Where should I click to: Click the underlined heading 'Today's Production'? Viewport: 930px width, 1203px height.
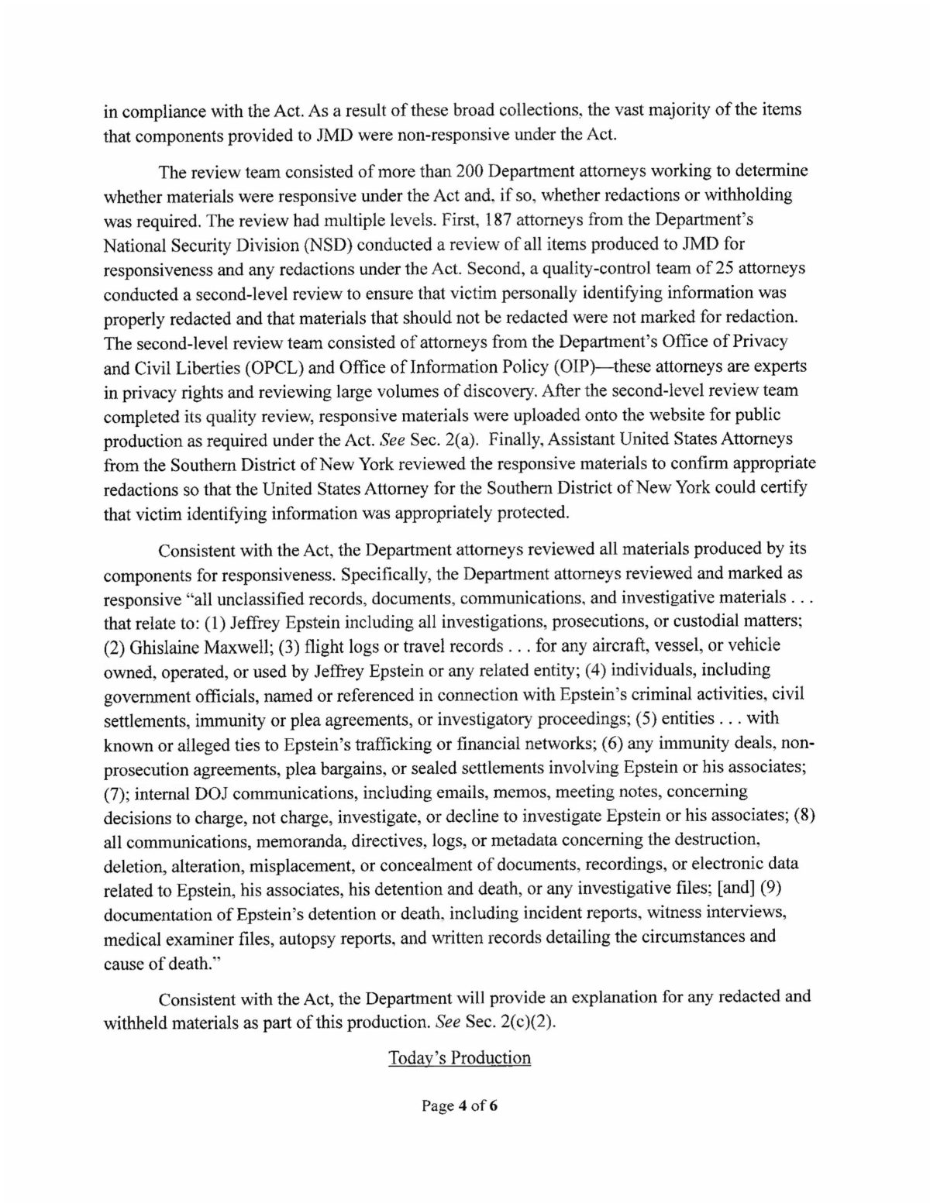(459, 1058)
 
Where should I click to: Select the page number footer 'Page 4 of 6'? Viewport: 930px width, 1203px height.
(459, 1106)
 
